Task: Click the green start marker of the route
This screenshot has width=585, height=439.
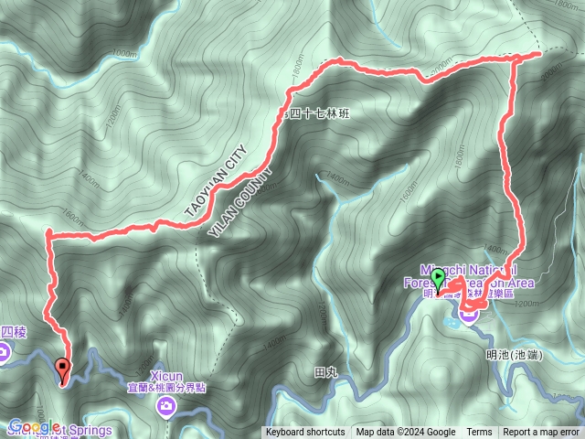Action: point(438,277)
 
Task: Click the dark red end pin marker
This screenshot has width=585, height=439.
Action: point(62,370)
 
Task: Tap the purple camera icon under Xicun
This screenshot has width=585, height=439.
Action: point(165,408)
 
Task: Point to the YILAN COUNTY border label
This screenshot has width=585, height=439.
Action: point(240,204)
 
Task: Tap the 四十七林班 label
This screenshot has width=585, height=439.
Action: point(319,114)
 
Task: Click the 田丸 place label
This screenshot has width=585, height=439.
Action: point(325,372)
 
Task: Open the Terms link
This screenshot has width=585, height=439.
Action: point(479,433)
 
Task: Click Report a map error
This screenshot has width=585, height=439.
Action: point(541,433)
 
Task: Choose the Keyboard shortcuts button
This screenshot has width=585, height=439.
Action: point(305,433)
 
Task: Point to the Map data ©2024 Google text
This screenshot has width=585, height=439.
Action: point(406,433)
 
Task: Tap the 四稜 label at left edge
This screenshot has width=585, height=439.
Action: point(12,332)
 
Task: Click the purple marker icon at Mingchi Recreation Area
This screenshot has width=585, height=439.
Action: point(469,315)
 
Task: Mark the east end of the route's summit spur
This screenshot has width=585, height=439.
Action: point(540,53)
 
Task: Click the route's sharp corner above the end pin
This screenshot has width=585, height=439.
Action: point(48,236)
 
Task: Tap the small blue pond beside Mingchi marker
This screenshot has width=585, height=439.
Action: point(452,321)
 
